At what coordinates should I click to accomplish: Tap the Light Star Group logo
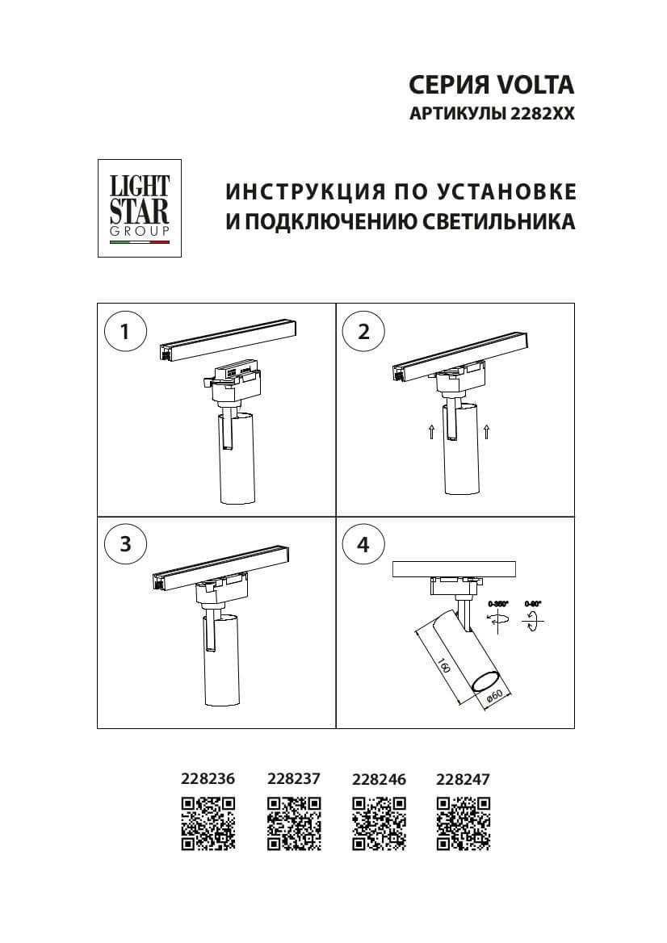coord(139,208)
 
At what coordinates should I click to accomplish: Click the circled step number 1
coord(125,332)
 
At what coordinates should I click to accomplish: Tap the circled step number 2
coord(363,332)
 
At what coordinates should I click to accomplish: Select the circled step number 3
coord(125,544)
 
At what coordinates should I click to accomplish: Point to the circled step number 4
coord(363,544)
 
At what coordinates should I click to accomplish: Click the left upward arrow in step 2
coord(432,432)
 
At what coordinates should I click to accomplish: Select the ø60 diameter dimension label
coord(495,696)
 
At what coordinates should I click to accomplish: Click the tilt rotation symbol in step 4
coord(534,620)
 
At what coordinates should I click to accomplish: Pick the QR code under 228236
coord(208,824)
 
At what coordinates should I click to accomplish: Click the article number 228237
coord(294,779)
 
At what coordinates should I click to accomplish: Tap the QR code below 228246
coord(379,824)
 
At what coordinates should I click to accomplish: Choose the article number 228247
coord(463,779)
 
